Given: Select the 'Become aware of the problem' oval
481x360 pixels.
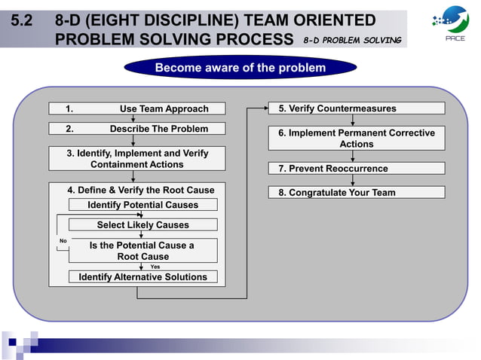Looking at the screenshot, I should point(240,68).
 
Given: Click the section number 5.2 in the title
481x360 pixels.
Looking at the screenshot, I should point(21,20).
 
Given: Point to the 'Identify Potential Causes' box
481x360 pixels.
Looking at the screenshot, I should point(142,205).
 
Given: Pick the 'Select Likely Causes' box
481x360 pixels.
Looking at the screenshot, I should point(142,224).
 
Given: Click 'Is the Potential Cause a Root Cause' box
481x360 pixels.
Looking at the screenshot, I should point(142,250).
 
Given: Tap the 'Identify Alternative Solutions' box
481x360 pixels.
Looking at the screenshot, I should point(142,276).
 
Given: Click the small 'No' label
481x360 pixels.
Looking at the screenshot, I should point(63,241).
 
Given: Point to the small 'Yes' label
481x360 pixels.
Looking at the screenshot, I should point(155,266).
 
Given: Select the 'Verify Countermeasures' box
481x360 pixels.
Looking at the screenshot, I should point(357,108).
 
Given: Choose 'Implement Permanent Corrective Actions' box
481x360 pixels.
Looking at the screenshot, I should point(357,138).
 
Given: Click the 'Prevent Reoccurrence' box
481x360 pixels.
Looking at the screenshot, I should point(357,168).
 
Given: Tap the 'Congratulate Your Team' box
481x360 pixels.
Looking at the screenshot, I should point(357,192).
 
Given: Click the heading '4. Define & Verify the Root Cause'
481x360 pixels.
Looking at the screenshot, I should point(141,190).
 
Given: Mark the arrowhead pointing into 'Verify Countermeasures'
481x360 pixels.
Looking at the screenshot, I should point(265,108).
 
